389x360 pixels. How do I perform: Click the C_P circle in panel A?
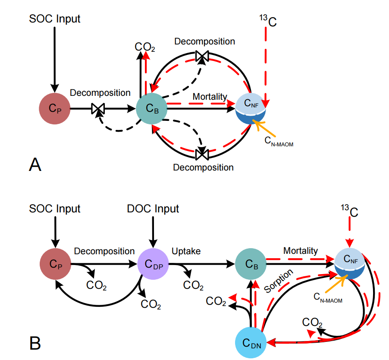click(54, 109)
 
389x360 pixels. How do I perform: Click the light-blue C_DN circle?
click(251, 343)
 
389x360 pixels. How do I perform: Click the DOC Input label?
click(153, 209)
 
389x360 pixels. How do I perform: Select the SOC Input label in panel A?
click(55, 19)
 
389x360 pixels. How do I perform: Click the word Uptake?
click(186, 251)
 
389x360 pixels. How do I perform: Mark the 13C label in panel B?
click(350, 212)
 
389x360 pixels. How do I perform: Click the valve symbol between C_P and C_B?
click(98, 109)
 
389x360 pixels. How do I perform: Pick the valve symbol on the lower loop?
click(202, 154)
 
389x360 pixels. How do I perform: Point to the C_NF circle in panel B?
click(350, 264)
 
